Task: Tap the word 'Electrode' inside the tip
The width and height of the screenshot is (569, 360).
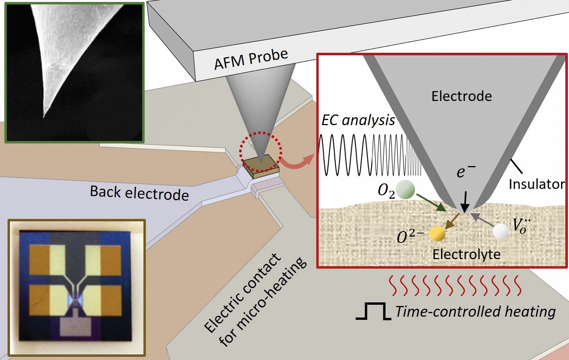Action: (461, 96)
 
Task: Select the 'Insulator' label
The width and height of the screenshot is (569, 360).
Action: (536, 184)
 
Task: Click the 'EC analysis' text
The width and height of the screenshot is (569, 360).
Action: (358, 120)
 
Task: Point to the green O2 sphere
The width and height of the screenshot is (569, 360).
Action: (406, 190)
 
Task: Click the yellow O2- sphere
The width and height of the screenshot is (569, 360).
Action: (437, 234)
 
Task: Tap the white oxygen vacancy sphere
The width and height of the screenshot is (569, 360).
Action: (500, 232)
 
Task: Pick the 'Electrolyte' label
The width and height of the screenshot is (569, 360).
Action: (466, 254)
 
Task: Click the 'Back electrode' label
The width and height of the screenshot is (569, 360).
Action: (139, 193)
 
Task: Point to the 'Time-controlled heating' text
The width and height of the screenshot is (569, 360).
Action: (475, 311)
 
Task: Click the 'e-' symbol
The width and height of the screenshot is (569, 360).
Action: (465, 171)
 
